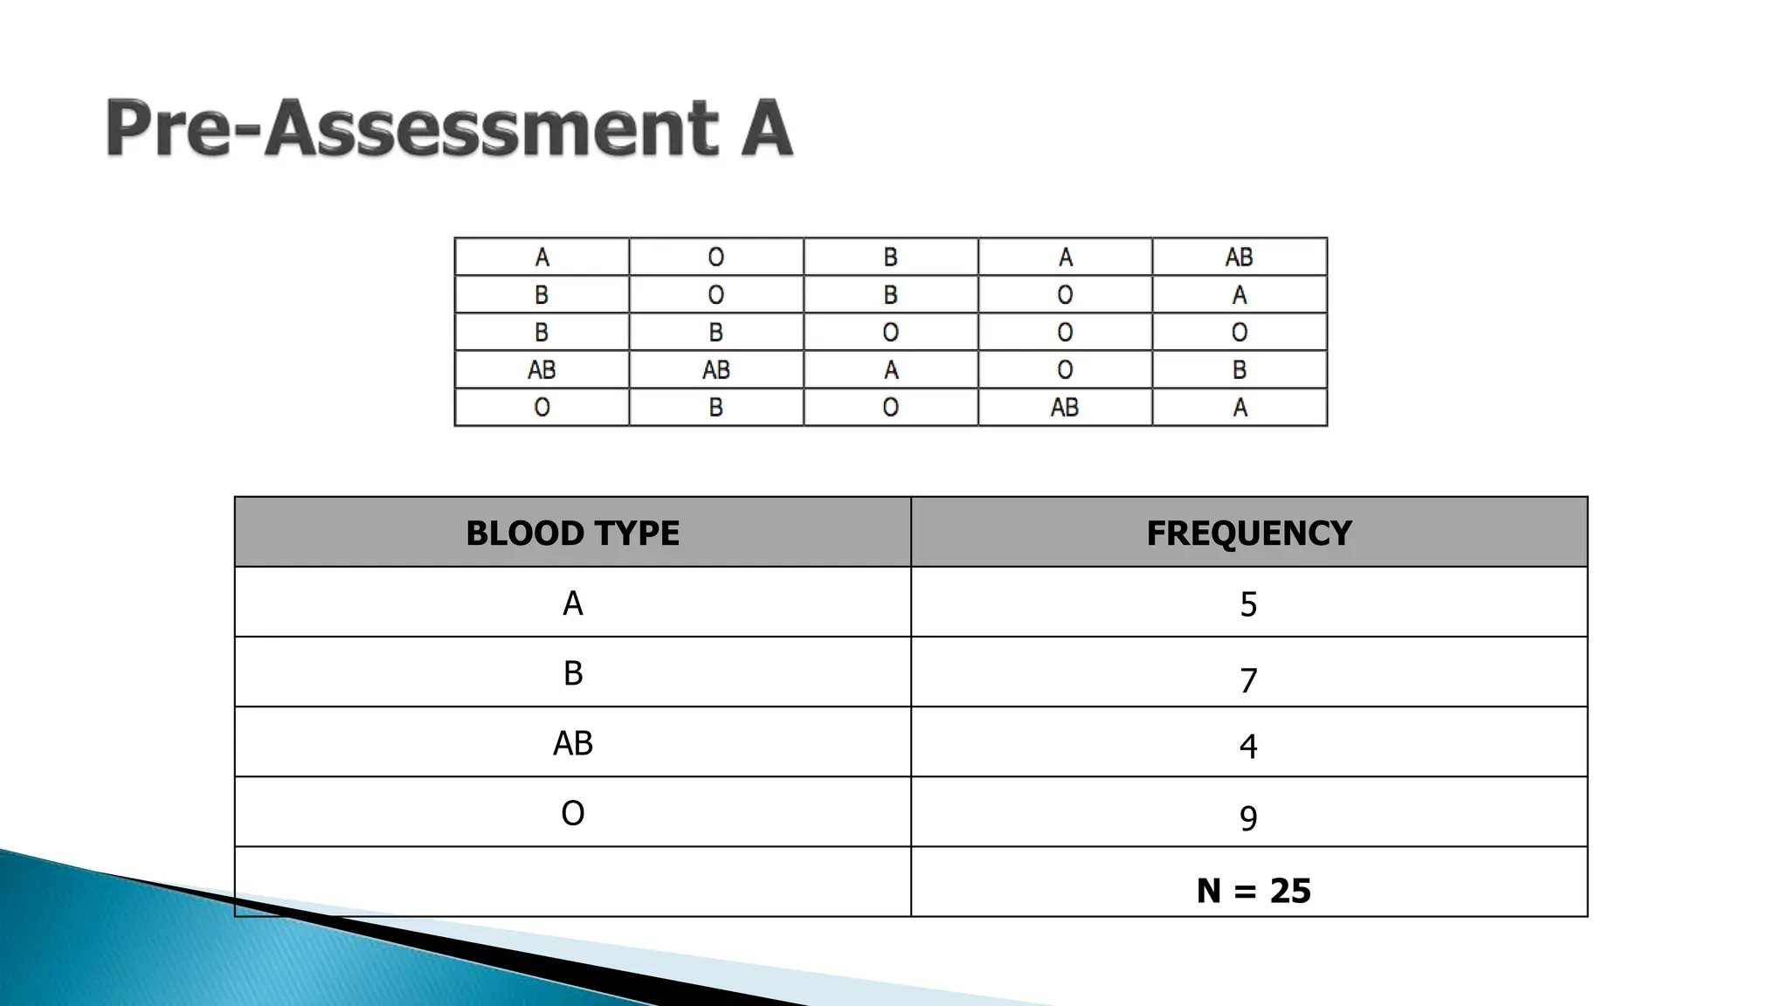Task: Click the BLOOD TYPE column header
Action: coord(572,533)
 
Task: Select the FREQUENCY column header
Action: coord(1248,533)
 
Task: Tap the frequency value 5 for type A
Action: coord(1248,604)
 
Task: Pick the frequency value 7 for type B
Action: coord(1248,680)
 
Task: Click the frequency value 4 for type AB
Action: coord(1248,747)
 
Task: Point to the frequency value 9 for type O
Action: coord(1248,818)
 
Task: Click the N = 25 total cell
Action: coord(1253,891)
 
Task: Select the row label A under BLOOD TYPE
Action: coord(572,603)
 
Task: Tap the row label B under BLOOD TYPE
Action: coord(572,673)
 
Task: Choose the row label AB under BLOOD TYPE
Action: coord(572,743)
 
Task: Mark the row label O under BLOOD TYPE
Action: coord(572,813)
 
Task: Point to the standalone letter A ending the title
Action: coord(765,128)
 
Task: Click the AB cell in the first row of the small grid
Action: coord(1239,257)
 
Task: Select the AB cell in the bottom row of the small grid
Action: coord(1065,407)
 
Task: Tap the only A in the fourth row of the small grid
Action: coord(890,370)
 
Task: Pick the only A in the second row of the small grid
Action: coord(1239,295)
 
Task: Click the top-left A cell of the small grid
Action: coord(542,257)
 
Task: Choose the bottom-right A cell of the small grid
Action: coord(1239,407)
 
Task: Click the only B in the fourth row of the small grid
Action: coord(1239,370)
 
